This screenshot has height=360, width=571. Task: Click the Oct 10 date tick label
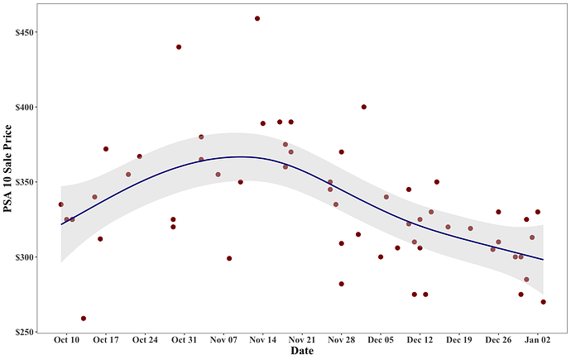(x=66, y=340)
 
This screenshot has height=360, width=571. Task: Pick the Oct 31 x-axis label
(x=185, y=340)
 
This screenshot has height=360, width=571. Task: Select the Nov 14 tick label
(x=262, y=340)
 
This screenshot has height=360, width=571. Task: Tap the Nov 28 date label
(x=341, y=340)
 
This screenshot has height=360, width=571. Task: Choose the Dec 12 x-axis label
(x=420, y=340)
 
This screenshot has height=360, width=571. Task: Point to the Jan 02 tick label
(x=537, y=340)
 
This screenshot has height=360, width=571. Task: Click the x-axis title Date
(x=301, y=352)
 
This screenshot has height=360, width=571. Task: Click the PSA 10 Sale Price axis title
(x=9, y=169)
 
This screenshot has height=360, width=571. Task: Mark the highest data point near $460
(x=257, y=18)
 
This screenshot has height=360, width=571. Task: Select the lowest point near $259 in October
(x=84, y=319)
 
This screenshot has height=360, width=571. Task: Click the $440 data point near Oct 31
(x=179, y=47)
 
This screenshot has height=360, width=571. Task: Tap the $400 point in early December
(x=364, y=107)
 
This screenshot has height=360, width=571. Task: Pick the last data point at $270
(x=543, y=302)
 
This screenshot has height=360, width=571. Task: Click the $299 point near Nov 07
(x=229, y=258)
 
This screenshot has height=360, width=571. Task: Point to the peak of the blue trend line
(x=240, y=156)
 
